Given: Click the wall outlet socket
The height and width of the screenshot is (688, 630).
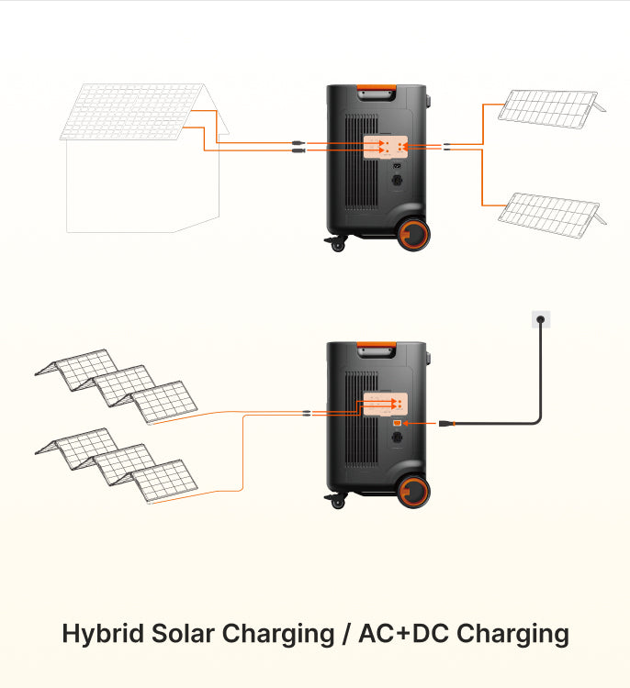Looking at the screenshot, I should (x=540, y=320).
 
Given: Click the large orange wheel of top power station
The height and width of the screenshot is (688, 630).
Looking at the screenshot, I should (x=415, y=234).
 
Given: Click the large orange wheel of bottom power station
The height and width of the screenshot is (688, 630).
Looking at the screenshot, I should (x=415, y=492).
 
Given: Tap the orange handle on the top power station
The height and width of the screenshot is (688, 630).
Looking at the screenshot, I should (x=377, y=90).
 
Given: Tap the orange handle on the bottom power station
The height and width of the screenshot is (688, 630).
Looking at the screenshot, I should (x=377, y=347).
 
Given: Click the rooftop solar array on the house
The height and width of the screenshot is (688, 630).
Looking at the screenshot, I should (x=133, y=111).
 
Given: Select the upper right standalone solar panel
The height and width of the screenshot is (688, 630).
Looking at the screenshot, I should (x=547, y=105).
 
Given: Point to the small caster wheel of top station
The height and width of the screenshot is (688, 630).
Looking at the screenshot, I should (x=337, y=245).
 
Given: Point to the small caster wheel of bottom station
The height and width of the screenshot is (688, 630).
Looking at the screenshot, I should (x=337, y=502).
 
